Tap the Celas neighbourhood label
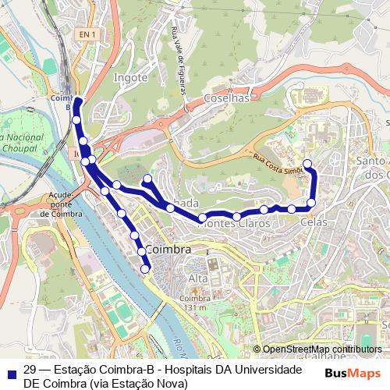pos(314,222)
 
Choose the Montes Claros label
pos(235,224)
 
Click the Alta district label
pos(198,278)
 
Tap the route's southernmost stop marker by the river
pos(145,269)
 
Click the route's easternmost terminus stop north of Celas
pos(307,164)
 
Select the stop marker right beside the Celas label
pos(311,204)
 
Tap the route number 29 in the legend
pos(30,370)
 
